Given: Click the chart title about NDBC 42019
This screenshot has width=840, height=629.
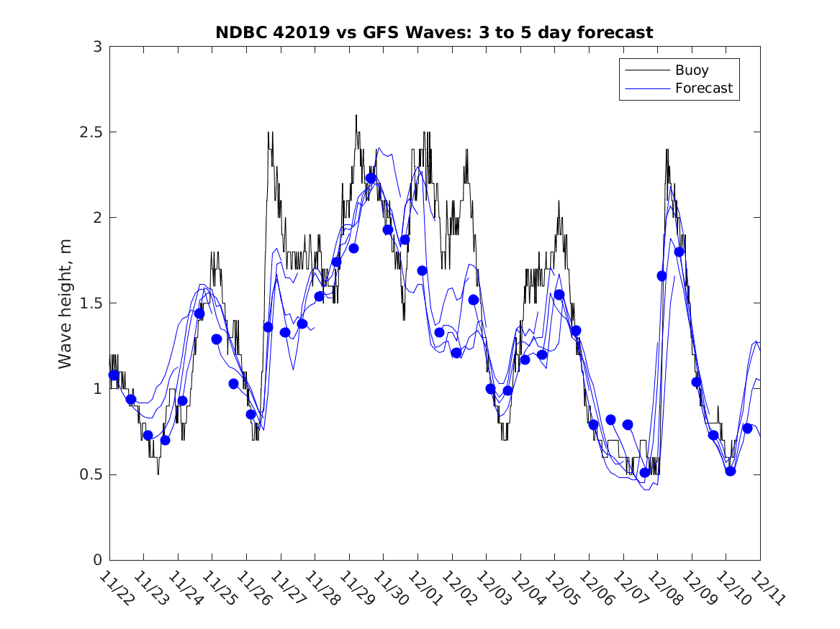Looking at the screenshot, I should (x=434, y=33).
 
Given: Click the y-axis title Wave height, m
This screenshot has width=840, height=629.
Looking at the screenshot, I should (x=66, y=303).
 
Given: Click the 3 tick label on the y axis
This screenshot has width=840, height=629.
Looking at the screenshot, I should (x=96, y=47).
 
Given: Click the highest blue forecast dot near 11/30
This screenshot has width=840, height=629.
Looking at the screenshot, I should (x=371, y=178).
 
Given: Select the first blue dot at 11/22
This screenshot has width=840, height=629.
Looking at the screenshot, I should (x=114, y=375).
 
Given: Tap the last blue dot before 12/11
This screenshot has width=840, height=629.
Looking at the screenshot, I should (x=747, y=428).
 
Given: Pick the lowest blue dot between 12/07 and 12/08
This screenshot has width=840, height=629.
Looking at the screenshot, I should (x=645, y=472).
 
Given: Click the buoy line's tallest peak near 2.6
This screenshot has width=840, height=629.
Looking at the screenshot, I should (x=356, y=116).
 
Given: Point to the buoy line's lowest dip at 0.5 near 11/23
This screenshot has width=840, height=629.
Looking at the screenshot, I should (x=158, y=474).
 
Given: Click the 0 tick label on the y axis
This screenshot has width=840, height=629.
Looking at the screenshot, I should (x=96, y=560).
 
